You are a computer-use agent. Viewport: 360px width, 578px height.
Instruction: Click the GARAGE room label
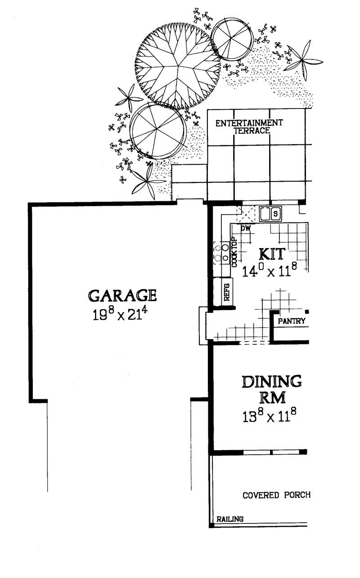[x=122, y=295]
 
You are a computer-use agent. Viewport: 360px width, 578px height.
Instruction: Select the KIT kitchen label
[x=271, y=254]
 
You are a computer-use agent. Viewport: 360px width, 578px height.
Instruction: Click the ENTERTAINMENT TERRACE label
[x=249, y=126]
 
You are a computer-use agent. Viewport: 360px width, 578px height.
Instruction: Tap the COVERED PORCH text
[x=276, y=495]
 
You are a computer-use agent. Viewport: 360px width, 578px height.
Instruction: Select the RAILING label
[x=230, y=519]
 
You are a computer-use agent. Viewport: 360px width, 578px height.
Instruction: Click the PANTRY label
[x=292, y=321]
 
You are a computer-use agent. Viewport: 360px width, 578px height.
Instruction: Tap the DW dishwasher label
[x=245, y=229]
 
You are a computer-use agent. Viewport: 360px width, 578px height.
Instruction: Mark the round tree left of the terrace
[x=157, y=131]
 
